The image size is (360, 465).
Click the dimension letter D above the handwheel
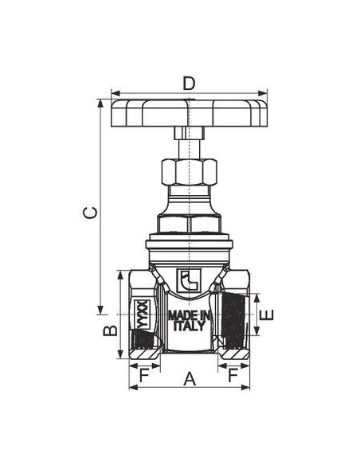click(x=189, y=84)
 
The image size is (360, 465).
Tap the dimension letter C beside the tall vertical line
click(x=90, y=213)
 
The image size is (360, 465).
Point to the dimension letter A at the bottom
click(x=190, y=379)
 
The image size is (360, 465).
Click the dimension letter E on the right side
click(x=267, y=315)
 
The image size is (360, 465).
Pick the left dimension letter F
click(x=144, y=376)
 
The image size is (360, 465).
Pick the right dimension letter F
click(x=233, y=376)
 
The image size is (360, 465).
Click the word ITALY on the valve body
click(x=189, y=326)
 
